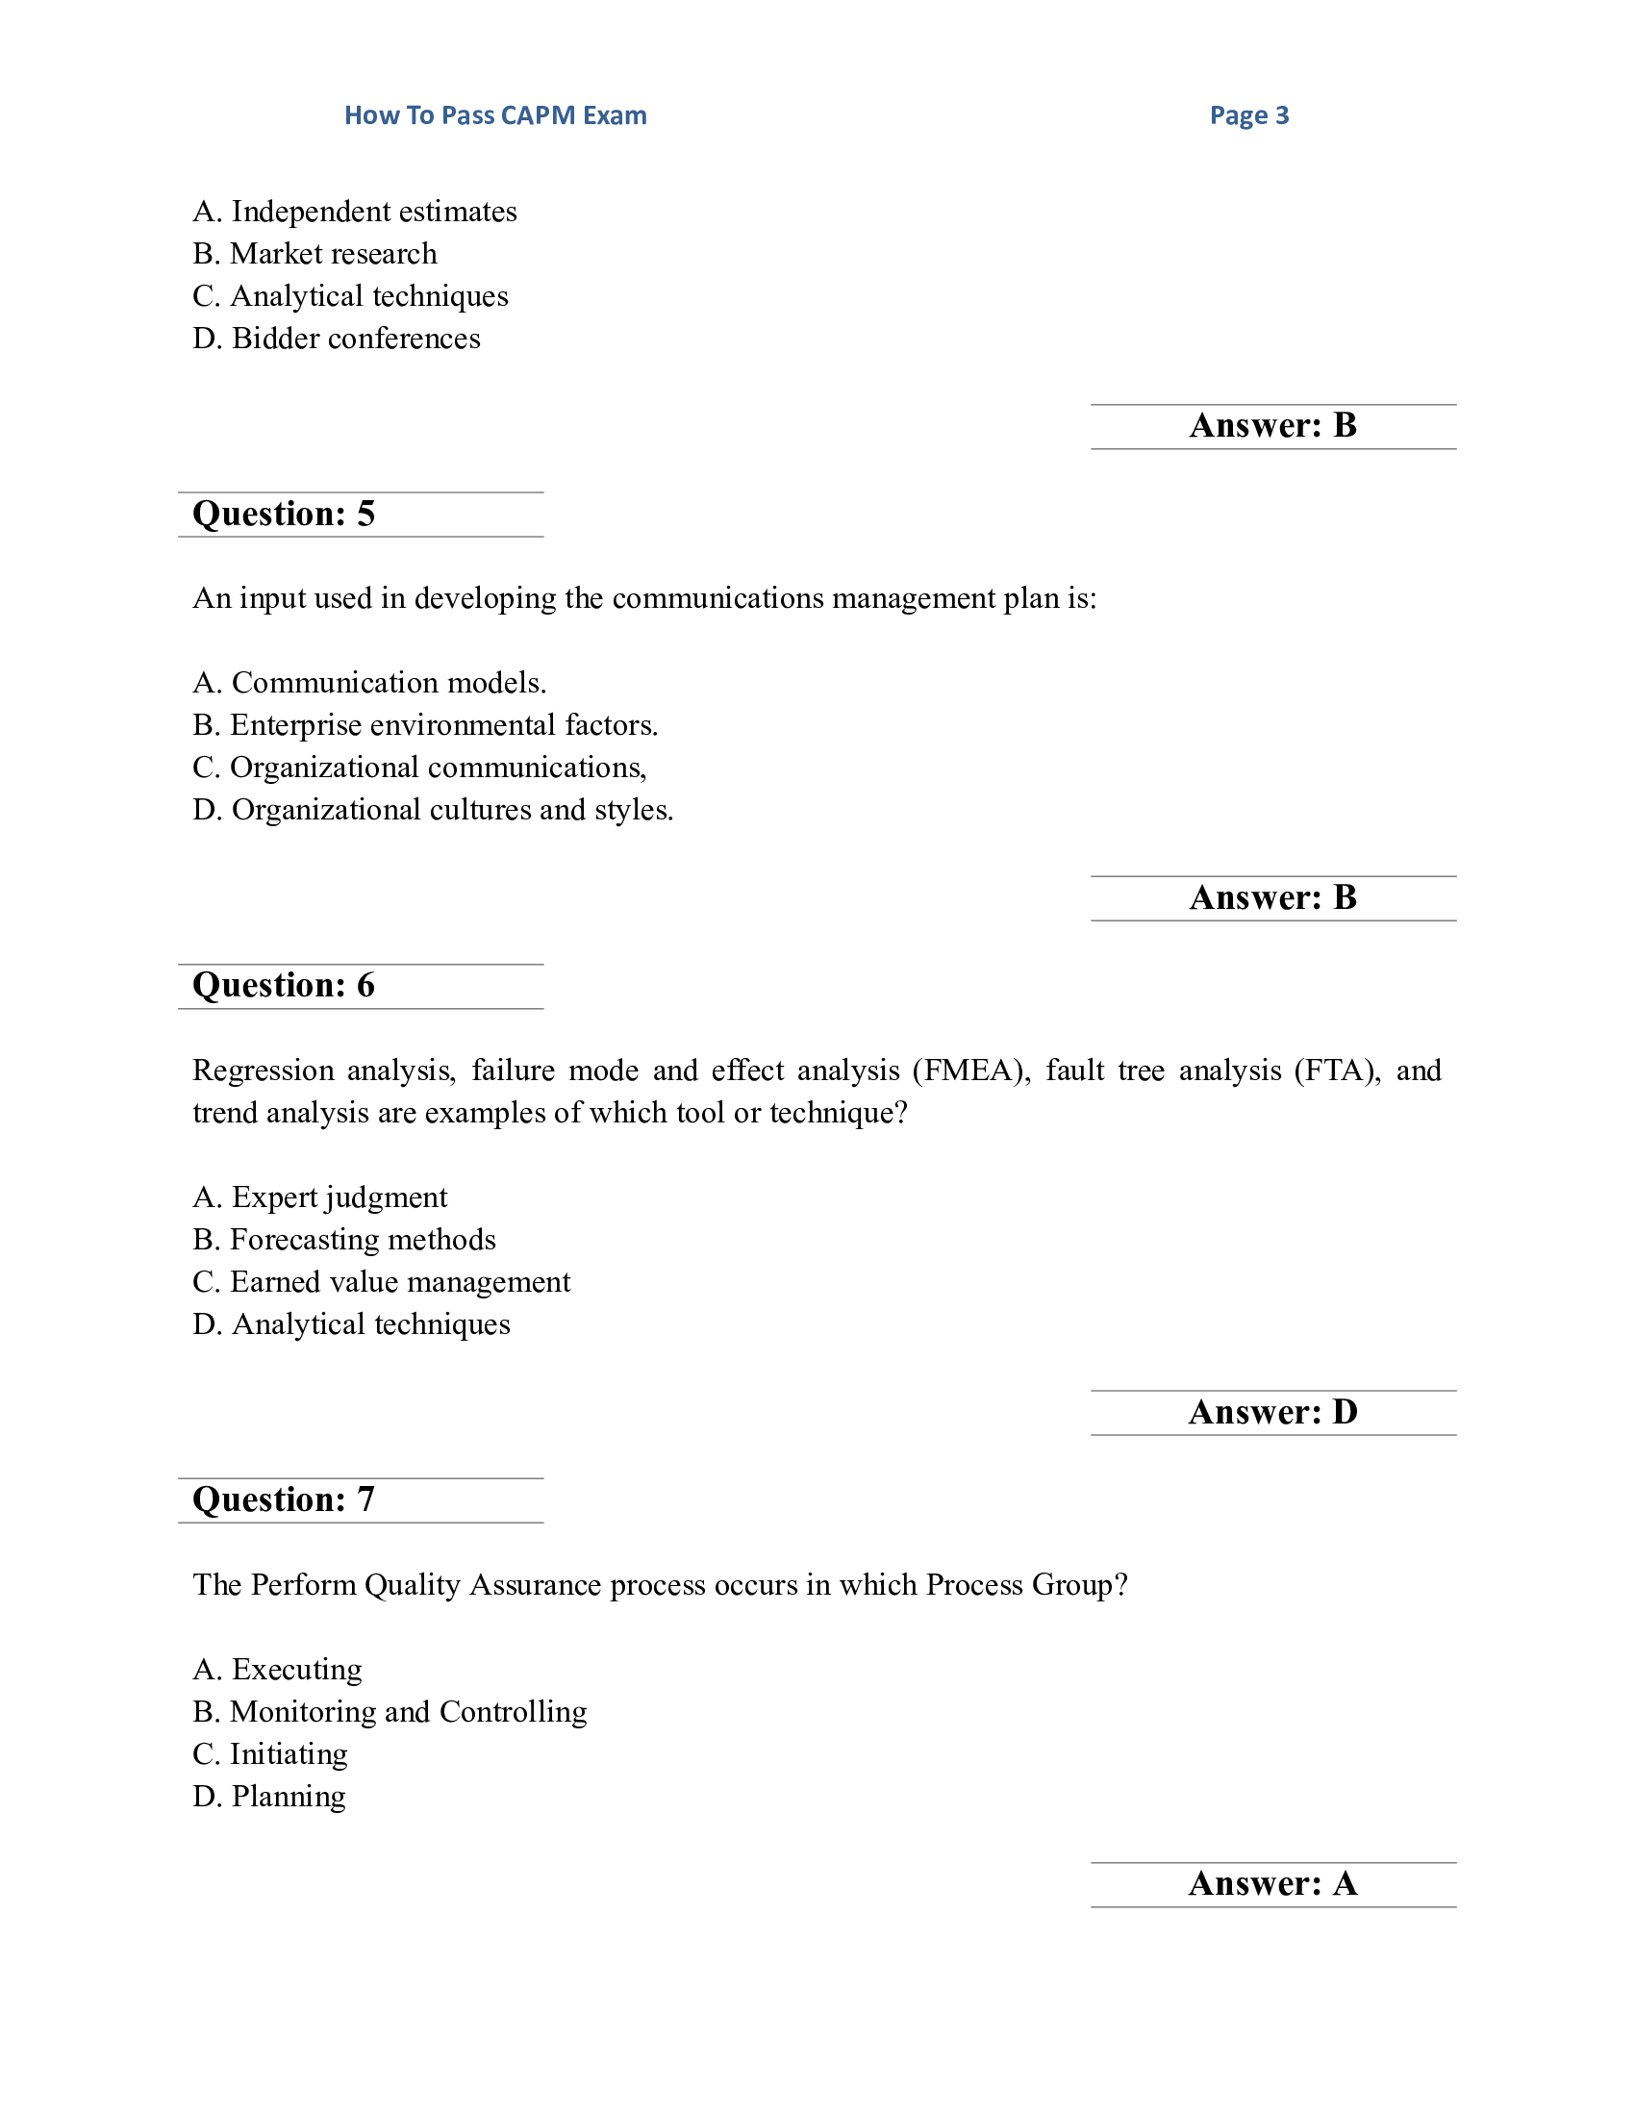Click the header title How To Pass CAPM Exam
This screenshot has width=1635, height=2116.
(x=495, y=115)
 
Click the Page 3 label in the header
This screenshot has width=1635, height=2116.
(x=1248, y=115)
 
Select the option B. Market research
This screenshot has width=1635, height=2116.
(x=314, y=254)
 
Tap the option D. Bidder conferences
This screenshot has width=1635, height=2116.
(x=336, y=339)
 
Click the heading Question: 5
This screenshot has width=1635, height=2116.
(x=284, y=514)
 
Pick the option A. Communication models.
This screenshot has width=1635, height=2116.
(x=369, y=683)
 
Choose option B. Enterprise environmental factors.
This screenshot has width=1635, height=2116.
(x=424, y=724)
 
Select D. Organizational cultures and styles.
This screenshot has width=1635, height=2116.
(x=432, y=809)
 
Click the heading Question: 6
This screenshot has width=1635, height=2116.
(x=284, y=985)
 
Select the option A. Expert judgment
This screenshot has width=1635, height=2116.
(x=319, y=1197)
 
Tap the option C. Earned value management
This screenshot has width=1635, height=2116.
(x=381, y=1282)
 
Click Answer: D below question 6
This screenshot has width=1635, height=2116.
(x=1272, y=1413)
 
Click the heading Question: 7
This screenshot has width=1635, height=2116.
(x=284, y=1499)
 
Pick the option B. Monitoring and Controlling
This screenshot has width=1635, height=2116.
(x=390, y=1712)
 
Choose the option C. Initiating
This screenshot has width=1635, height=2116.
(x=269, y=1753)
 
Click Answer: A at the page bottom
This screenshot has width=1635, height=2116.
(x=1272, y=1883)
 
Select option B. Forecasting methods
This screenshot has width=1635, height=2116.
(x=344, y=1240)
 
